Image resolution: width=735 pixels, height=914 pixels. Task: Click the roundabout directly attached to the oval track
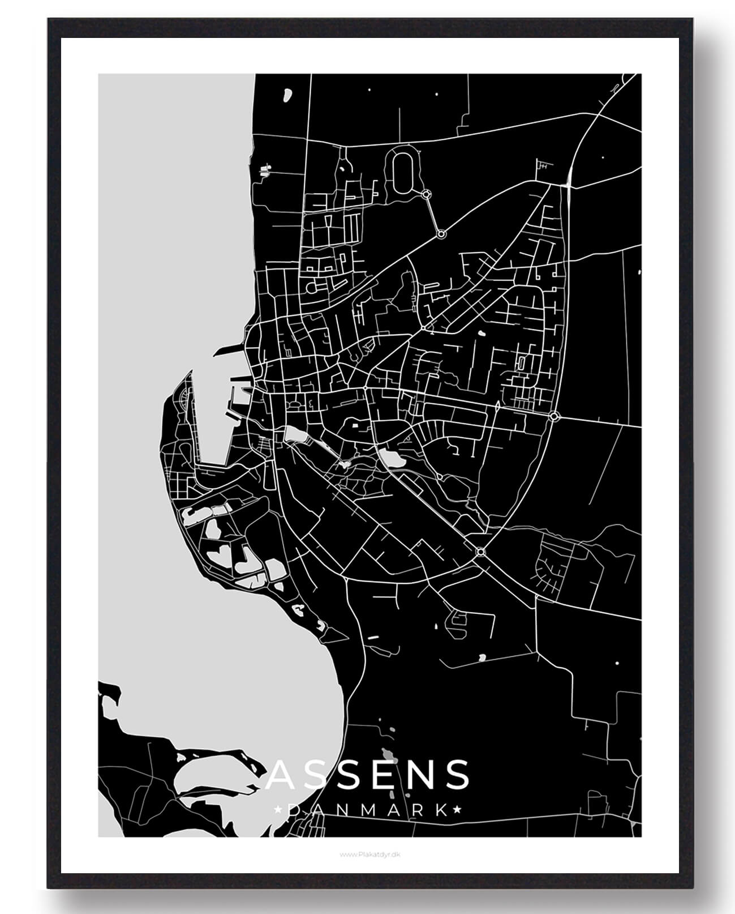(x=426, y=194)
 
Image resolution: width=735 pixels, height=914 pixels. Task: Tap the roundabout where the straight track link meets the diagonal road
(x=441, y=233)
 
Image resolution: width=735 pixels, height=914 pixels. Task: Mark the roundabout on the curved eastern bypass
(x=554, y=417)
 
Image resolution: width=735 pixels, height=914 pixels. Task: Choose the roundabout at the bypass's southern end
(x=481, y=552)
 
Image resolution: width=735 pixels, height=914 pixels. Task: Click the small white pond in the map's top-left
(x=287, y=95)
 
